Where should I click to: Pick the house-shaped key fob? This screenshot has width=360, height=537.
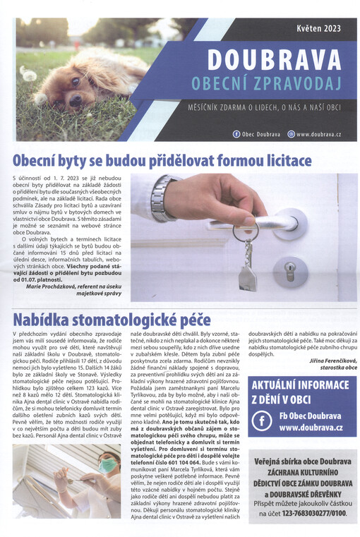coord(246,274)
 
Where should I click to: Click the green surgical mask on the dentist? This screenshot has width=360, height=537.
coord(107,466)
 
